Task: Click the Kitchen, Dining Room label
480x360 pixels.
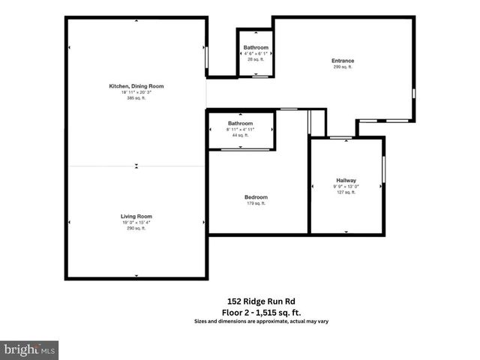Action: coord(136,86)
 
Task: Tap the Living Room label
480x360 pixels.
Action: coord(136,216)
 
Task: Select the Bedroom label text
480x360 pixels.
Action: coord(256,197)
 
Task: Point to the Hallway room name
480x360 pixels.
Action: coord(346,180)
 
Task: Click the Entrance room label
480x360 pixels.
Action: coord(343,61)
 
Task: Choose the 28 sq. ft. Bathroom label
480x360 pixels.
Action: coord(256,47)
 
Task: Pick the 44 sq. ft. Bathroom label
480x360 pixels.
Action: coord(241,123)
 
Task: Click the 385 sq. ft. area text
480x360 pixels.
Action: coord(136,98)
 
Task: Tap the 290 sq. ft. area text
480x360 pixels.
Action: coord(136,228)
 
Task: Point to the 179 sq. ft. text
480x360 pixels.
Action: coord(256,203)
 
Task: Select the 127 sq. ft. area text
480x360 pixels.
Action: coord(346,192)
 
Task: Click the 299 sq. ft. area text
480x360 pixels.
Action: coord(343,67)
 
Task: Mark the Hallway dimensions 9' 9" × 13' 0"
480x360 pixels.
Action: coord(346,186)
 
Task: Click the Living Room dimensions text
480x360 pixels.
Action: coord(136,222)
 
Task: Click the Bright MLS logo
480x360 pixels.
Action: coord(30,349)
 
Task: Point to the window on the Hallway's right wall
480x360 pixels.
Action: coord(384,169)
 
